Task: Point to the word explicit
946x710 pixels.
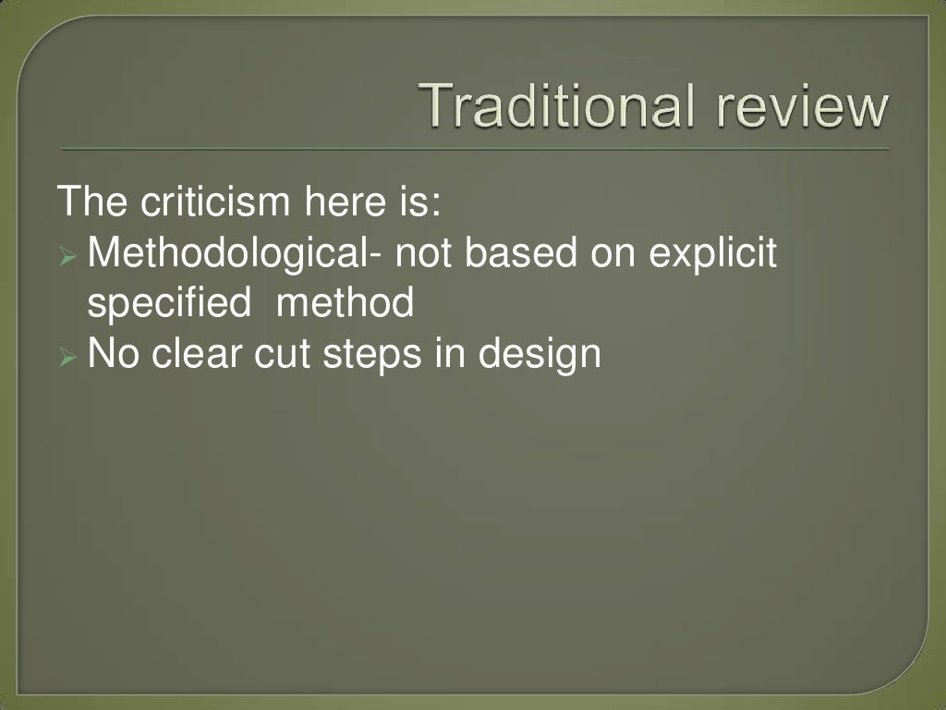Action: point(712,254)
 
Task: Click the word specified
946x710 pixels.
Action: point(168,303)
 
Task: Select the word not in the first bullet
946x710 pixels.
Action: point(426,254)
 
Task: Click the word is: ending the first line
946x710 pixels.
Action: point(416,202)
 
